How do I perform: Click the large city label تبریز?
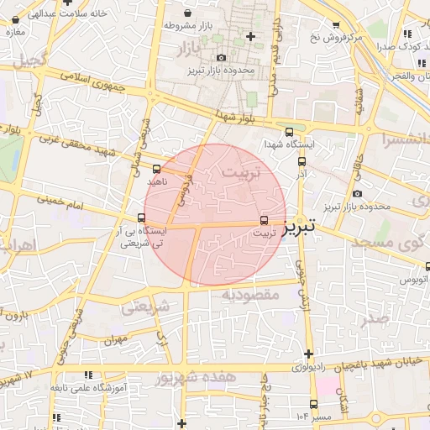coord(299,226)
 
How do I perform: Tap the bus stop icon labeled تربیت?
coord(266,220)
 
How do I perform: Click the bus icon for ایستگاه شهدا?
coord(290,132)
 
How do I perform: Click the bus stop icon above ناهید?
coord(158,169)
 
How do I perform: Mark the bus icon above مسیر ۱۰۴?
coord(314,404)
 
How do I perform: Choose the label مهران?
coord(115,341)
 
